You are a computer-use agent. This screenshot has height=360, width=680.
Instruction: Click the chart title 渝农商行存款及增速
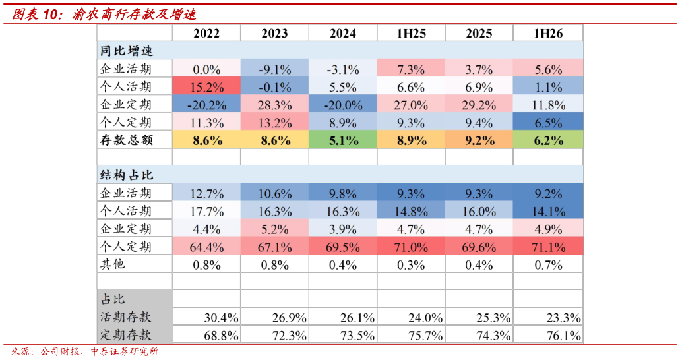tap(134, 15)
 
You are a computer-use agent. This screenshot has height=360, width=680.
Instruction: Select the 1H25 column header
tap(411, 34)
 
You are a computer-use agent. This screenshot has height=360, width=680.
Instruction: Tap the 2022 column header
tap(206, 34)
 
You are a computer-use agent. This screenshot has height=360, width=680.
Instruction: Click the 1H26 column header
tap(548, 34)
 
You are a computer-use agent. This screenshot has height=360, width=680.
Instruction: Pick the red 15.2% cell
tap(206, 86)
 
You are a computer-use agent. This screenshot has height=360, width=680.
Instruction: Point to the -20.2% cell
tap(206, 104)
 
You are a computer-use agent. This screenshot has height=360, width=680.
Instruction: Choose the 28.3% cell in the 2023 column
tap(274, 104)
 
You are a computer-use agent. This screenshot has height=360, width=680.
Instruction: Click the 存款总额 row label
tap(126, 140)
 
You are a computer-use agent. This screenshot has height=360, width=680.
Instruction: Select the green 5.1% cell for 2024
tap(342, 140)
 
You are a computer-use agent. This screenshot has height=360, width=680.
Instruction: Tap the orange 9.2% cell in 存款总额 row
tap(479, 140)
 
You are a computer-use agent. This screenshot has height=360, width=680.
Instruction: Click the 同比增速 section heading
tap(126, 51)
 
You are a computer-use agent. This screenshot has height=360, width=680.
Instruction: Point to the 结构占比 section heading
tap(126, 175)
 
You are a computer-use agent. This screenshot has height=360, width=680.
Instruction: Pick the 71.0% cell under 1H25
tap(411, 247)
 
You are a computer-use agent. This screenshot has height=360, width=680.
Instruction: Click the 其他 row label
tap(113, 264)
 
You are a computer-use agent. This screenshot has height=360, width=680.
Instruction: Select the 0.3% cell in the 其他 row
tap(411, 264)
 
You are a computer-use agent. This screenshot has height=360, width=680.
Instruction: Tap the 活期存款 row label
tap(126, 317)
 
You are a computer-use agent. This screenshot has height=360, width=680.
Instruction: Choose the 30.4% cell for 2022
tap(221, 318)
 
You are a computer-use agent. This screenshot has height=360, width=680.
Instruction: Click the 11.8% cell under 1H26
tap(548, 104)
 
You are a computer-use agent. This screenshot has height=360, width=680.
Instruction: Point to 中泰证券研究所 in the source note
tap(125, 351)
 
